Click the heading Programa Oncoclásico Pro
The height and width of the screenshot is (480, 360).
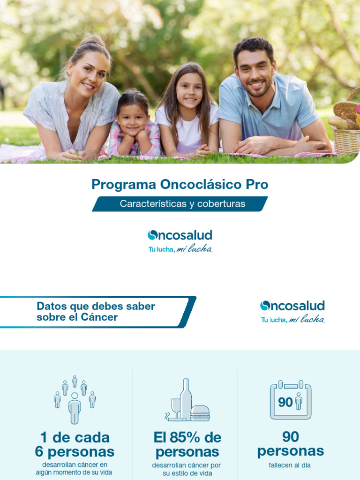tap(180, 184)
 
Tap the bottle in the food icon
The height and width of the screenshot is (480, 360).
tap(186, 399)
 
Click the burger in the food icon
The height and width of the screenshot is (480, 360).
tap(200, 413)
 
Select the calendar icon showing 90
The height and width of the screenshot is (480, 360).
tap(291, 400)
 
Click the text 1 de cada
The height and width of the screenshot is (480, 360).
tap(75, 437)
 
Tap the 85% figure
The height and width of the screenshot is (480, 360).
tap(187, 437)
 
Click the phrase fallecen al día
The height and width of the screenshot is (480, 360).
tap(290, 465)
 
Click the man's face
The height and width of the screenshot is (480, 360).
tap(254, 75)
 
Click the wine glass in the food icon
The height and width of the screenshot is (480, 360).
tap(175, 406)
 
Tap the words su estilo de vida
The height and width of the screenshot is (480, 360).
tap(187, 473)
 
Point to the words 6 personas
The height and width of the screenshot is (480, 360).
tap(75, 452)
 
